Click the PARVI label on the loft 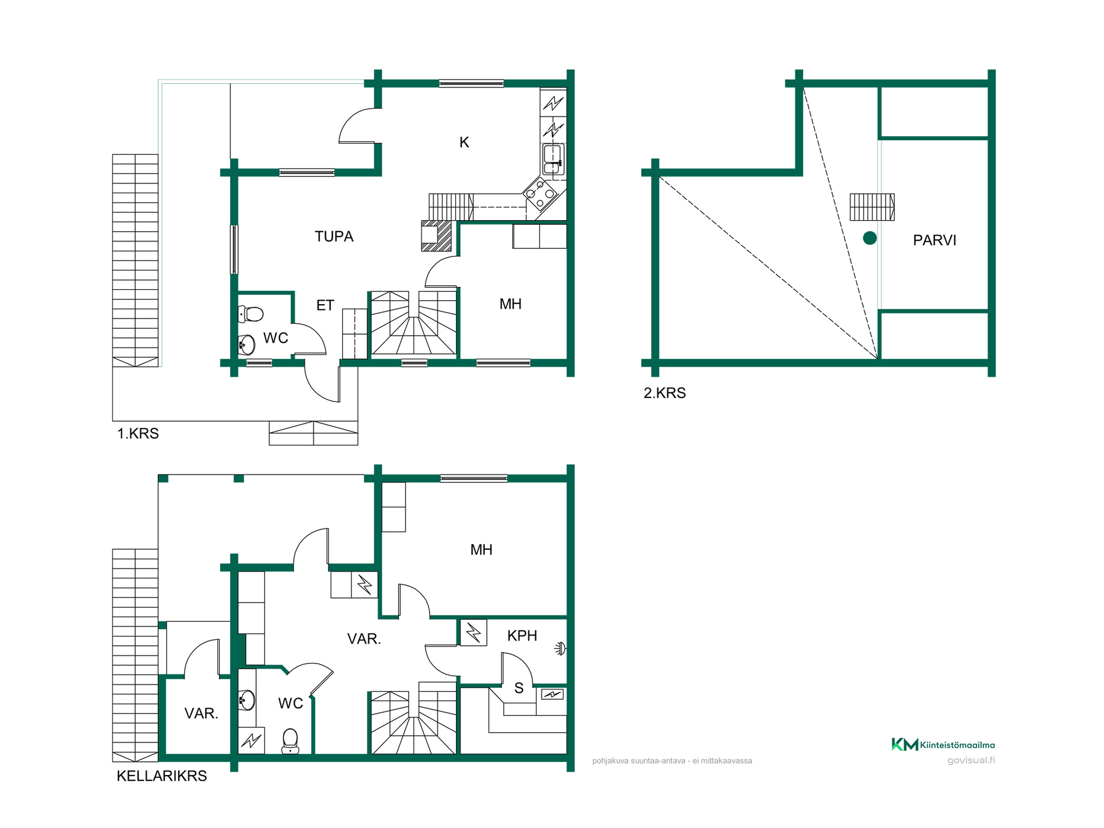tap(934, 240)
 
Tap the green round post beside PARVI tap(869, 238)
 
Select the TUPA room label tap(334, 236)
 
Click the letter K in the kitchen tap(464, 142)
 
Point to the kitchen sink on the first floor tap(553, 159)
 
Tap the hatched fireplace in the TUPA tap(436, 236)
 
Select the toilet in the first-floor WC tap(251, 314)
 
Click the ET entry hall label tap(325, 305)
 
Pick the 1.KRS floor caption tap(138, 434)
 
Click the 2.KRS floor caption tap(665, 393)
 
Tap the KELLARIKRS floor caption tap(162, 776)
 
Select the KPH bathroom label tap(522, 635)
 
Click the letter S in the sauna tap(519, 688)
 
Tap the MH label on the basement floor tap(481, 550)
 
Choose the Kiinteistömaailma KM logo tap(943, 745)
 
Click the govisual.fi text tap(971, 760)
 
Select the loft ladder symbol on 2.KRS tap(872, 207)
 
